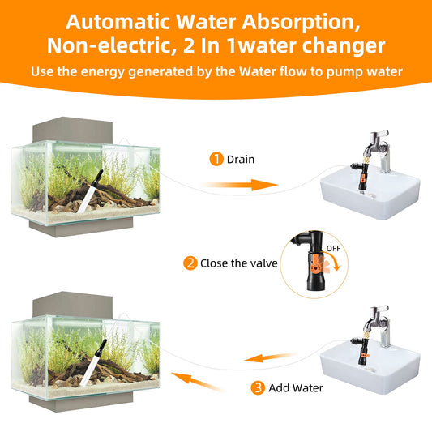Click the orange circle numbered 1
(216, 159)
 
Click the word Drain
(241, 160)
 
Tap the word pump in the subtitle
(331, 72)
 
